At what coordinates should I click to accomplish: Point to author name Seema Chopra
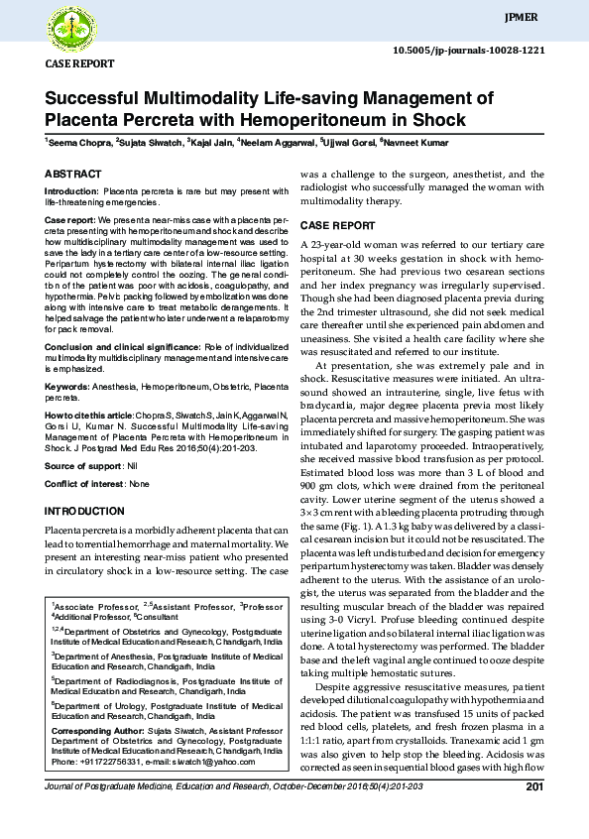tap(78, 144)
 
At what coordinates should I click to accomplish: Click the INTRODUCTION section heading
tap(84, 511)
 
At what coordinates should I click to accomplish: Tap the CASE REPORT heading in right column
tap(337, 225)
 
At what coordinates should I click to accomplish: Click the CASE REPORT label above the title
tap(80, 63)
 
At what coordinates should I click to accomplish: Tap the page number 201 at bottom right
tap(533, 788)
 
